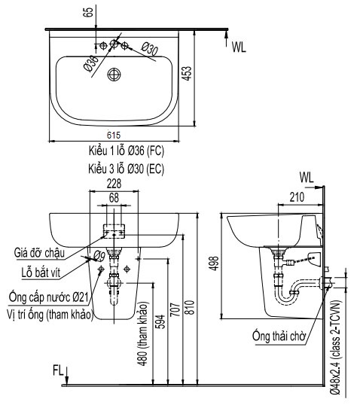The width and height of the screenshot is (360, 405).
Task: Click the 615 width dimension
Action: pos(114,134)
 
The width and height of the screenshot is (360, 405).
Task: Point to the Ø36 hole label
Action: pos(90,63)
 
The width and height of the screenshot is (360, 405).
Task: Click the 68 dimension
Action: pos(114,197)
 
